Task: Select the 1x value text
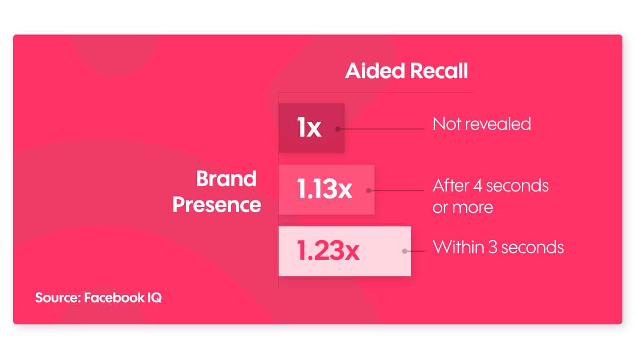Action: coord(309,128)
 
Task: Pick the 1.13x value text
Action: coord(324,190)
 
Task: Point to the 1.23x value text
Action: coord(328,251)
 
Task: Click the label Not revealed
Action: coord(481,124)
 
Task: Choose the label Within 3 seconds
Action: coord(498,247)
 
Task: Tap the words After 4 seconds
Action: coord(490,186)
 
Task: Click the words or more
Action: coord(462,207)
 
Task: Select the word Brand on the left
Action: coord(226,179)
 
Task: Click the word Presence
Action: coord(217,205)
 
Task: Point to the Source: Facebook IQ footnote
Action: coord(98,298)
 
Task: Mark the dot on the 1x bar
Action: coord(337,129)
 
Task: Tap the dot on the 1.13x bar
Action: coord(369,191)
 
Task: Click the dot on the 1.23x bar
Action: coord(404,251)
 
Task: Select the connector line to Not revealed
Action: coord(382,129)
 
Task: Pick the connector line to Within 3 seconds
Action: coord(416,251)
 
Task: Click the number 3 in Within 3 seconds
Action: coord(493,247)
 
